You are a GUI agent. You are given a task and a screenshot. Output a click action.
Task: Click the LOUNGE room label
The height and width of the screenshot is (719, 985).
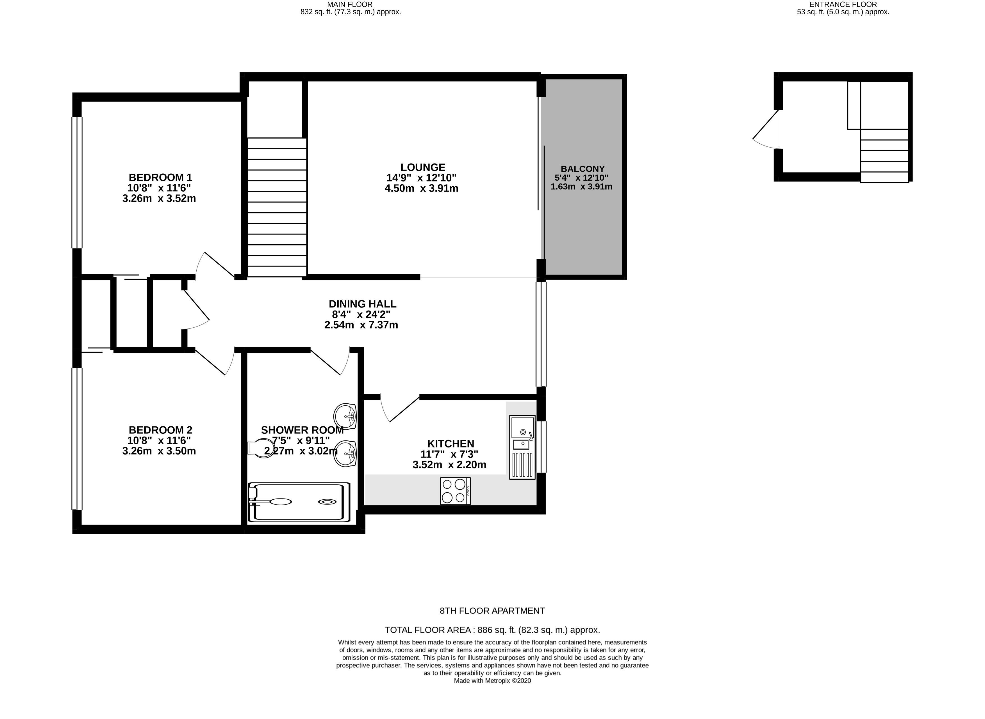[423, 167]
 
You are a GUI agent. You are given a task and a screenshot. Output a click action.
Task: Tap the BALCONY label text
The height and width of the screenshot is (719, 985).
[583, 169]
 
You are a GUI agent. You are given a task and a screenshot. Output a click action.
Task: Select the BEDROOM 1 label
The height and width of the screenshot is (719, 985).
[160, 178]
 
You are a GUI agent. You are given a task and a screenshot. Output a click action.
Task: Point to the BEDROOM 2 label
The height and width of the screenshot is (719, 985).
[160, 430]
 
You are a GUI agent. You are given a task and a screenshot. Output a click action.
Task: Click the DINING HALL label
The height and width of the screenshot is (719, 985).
[363, 304]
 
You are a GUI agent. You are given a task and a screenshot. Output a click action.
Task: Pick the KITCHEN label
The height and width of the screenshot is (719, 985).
[451, 444]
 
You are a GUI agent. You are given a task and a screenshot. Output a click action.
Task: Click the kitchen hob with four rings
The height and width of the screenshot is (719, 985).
[455, 491]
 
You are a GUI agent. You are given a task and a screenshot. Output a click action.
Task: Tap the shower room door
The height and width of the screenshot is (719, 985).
[330, 361]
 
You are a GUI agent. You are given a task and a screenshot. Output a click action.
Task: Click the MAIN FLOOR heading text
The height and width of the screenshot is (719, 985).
[350, 4]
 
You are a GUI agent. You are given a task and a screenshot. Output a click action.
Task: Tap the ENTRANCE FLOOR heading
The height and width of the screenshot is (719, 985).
[843, 4]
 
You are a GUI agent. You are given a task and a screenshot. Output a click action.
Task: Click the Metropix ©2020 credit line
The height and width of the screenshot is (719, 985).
[492, 681]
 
